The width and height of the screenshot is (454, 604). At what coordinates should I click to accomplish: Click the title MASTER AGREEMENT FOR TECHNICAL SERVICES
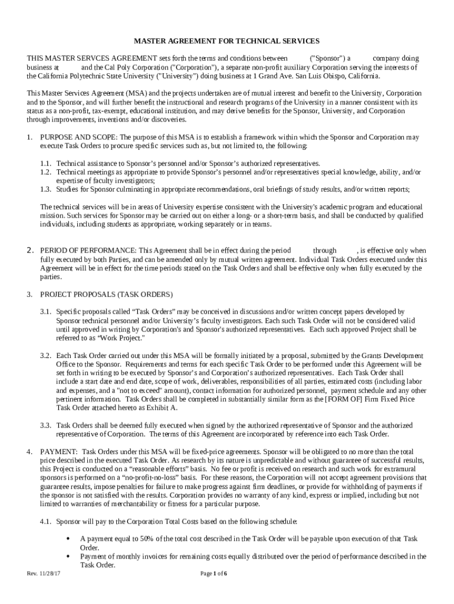click(x=226, y=41)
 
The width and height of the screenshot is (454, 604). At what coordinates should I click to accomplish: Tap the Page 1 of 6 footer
click(x=214, y=574)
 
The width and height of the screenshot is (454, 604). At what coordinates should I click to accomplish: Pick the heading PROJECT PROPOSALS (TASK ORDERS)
click(x=106, y=294)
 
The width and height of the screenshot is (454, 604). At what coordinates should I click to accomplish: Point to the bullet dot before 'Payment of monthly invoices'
click(x=71, y=556)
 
